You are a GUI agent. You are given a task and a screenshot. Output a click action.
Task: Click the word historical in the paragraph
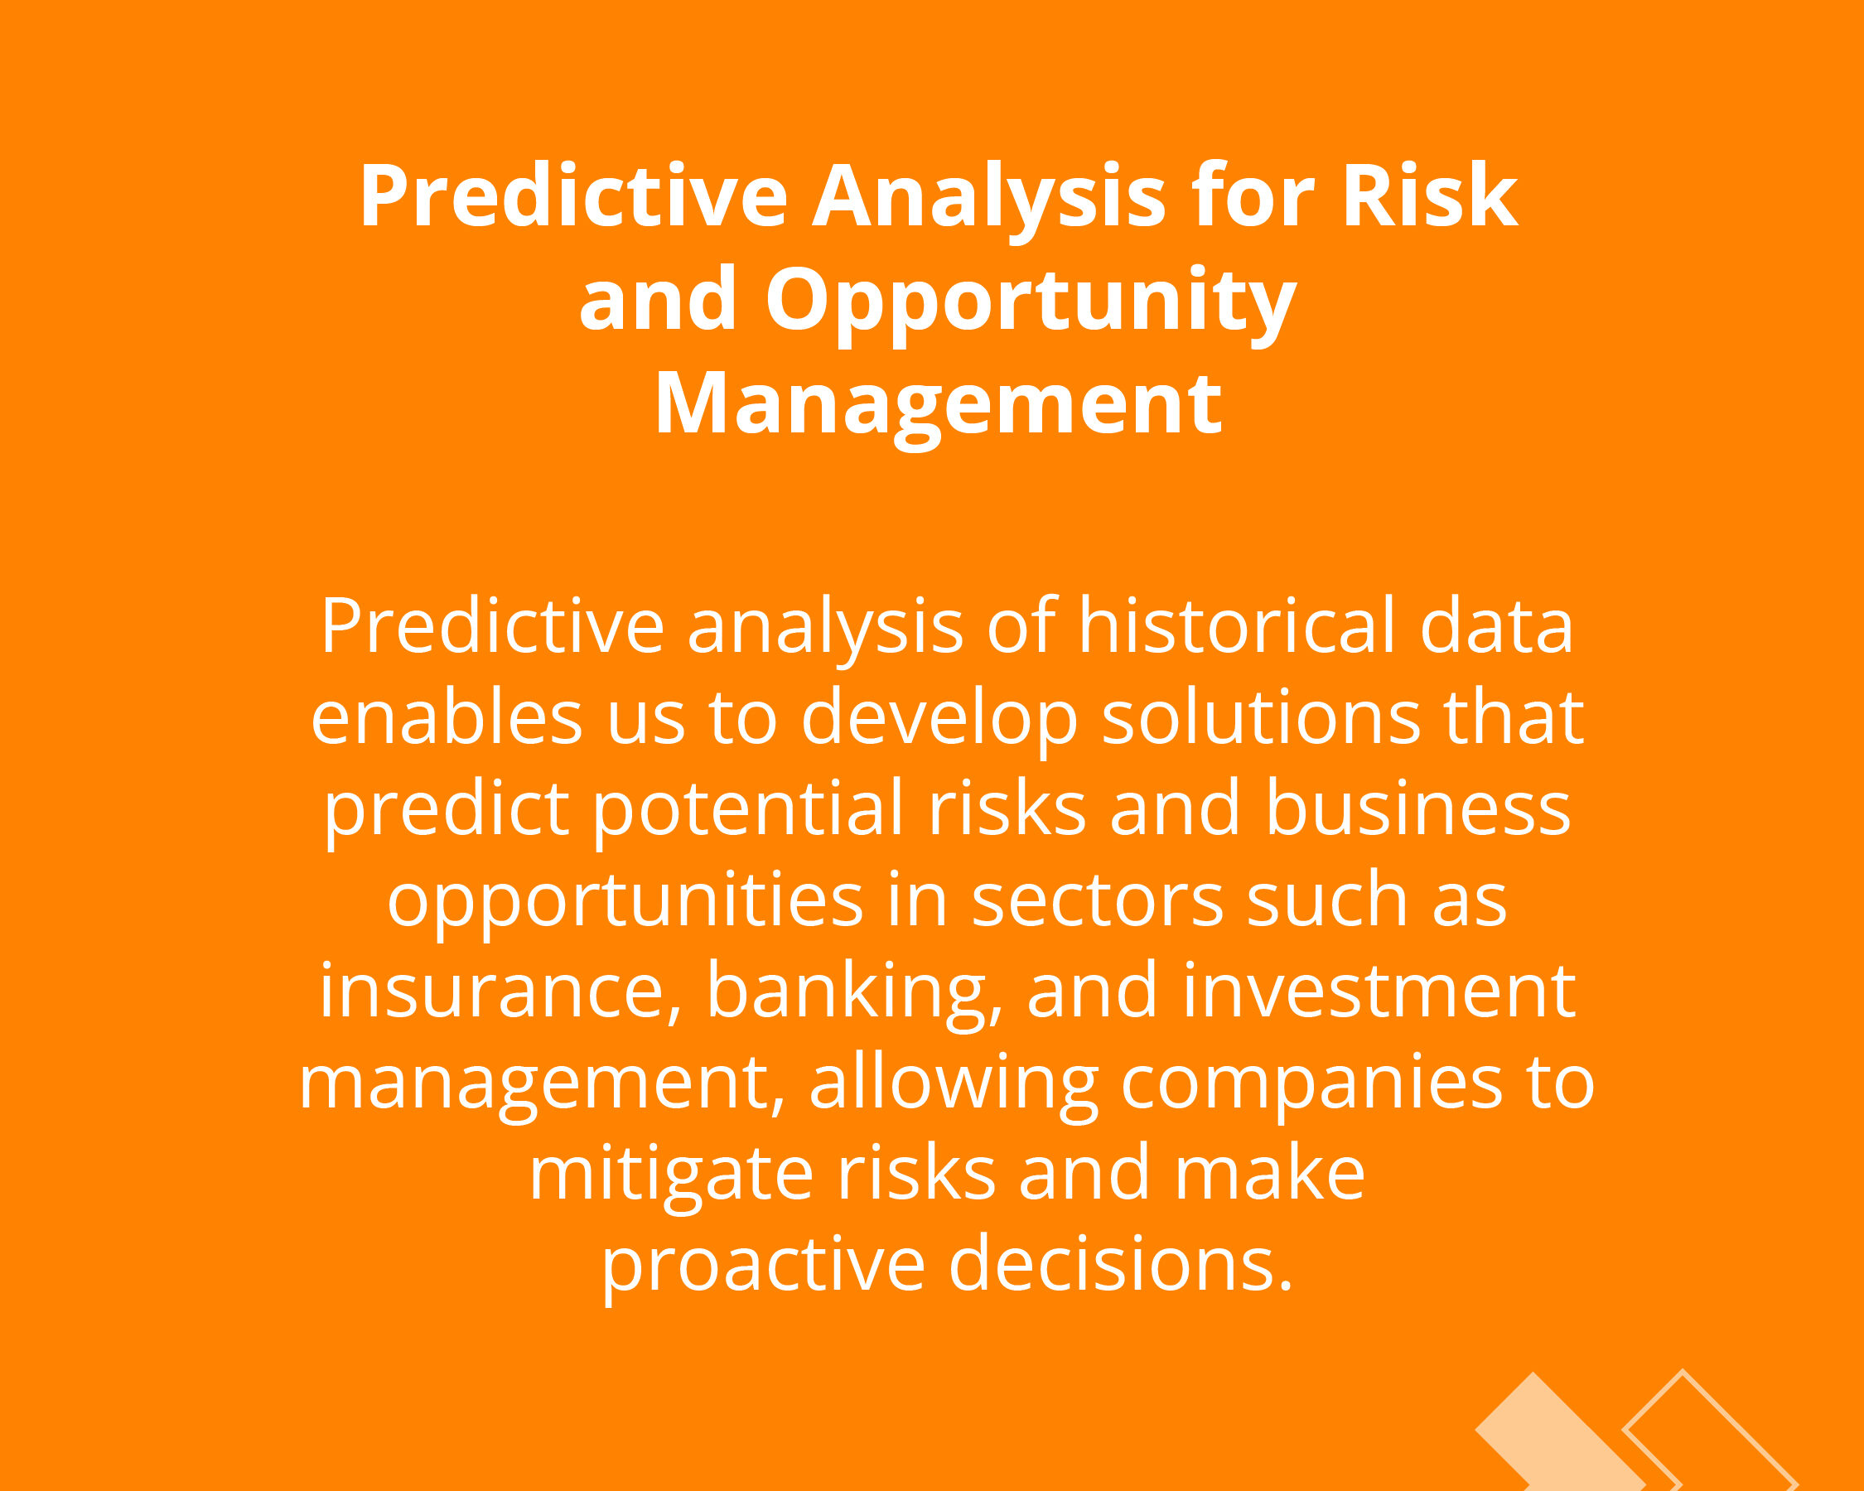pyautogui.click(x=1236, y=625)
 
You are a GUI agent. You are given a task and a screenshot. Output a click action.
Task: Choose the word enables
pyautogui.click(x=446, y=717)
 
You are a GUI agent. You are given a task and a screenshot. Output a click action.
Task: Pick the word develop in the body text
pyautogui.click(x=939, y=721)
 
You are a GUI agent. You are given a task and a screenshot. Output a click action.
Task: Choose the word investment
pyautogui.click(x=1379, y=991)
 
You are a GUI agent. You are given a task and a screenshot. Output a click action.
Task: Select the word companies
pyautogui.click(x=1312, y=1088)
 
